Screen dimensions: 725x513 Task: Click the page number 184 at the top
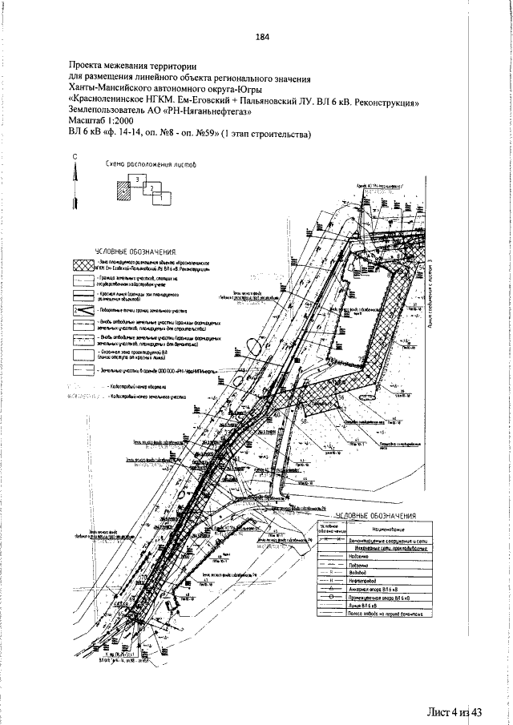coord(261,36)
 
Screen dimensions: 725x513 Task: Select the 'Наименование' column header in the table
coord(387,530)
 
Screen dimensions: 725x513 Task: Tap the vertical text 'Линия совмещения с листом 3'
coord(430,297)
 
